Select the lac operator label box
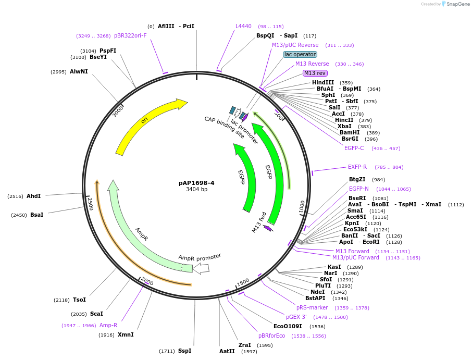[x=300, y=54]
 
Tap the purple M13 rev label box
[x=315, y=73]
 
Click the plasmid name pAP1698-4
[x=196, y=183]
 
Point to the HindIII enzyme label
[x=324, y=83]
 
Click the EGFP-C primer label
[x=354, y=148]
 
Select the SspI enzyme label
[x=184, y=351]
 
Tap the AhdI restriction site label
[x=33, y=196]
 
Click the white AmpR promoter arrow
[x=201, y=268]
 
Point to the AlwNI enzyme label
[x=79, y=71]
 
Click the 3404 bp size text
[x=196, y=190]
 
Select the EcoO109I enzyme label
[x=288, y=326]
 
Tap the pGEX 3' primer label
[x=296, y=317]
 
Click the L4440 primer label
[x=243, y=26]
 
